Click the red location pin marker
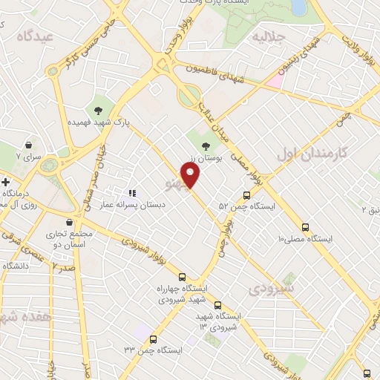(x=191, y=174)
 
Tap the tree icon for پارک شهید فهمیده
(x=97, y=111)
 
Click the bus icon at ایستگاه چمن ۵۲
(x=246, y=195)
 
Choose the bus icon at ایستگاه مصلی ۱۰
(x=305, y=226)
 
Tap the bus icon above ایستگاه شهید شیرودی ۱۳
(x=217, y=304)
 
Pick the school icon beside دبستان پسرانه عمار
(x=132, y=193)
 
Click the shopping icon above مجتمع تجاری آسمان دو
(x=69, y=222)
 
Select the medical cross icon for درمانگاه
(x=4, y=182)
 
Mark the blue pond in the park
(x=298, y=7)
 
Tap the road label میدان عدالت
(x=210, y=117)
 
